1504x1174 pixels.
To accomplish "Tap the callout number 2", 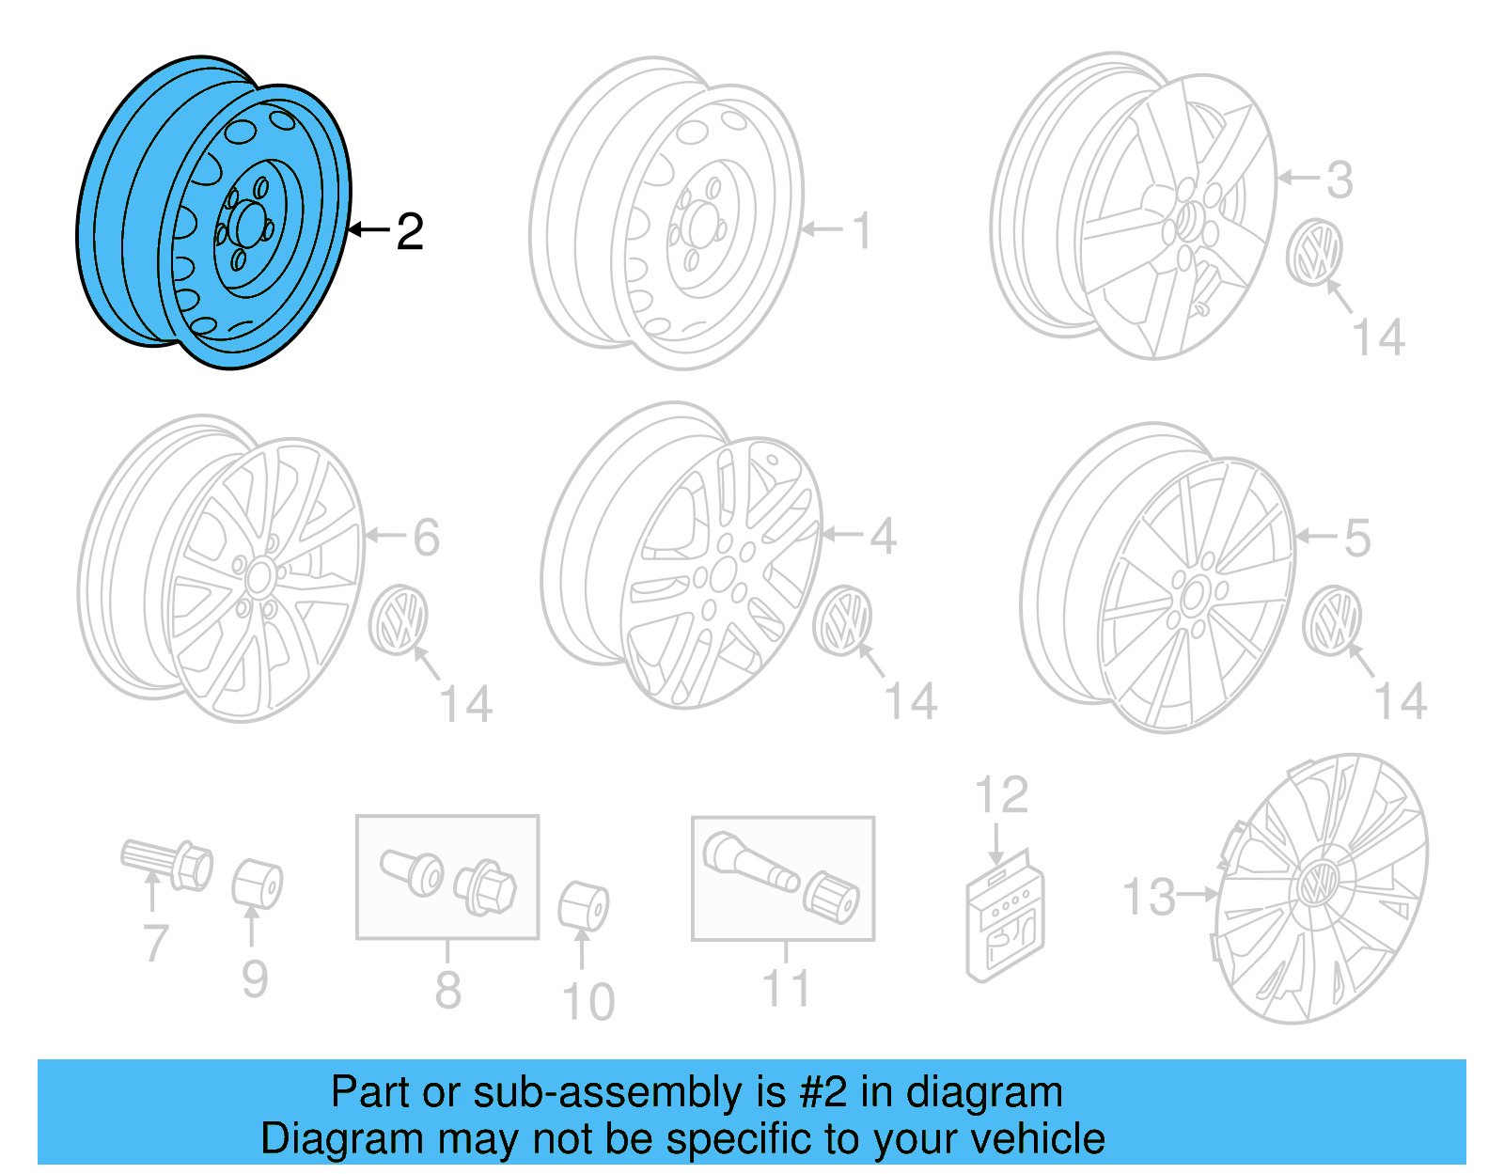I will pos(410,231).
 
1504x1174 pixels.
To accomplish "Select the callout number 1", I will pos(861,231).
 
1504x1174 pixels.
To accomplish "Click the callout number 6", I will pos(426,538).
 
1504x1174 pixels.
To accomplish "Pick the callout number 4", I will pos(883,537).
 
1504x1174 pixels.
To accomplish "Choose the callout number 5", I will pos(1356,539).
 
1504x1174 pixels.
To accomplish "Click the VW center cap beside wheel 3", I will pos(1314,252).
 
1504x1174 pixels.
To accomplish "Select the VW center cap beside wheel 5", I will pos(1333,620).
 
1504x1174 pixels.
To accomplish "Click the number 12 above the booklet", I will pos(1001,796).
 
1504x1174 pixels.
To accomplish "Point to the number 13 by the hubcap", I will pos(1149,897).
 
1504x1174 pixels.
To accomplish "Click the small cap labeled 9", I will pos(257,884).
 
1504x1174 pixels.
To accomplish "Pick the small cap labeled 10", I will pos(583,906).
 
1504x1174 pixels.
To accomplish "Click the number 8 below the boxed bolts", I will pos(447,990).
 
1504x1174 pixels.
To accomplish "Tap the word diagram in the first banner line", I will pos(984,1093).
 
